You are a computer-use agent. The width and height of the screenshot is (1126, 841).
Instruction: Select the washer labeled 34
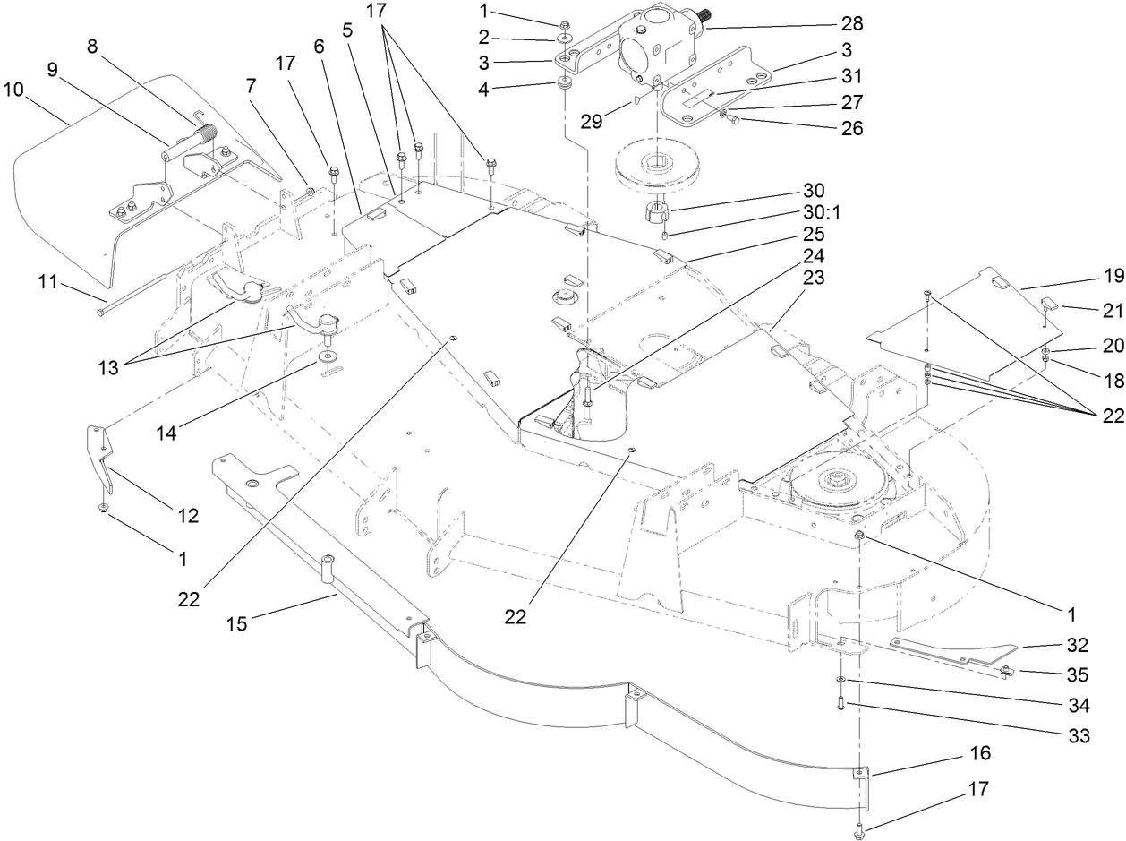842,684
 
